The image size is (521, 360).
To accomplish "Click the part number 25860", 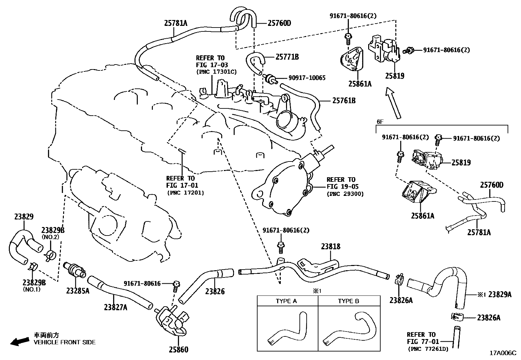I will point(178,350).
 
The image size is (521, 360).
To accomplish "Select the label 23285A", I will point(78,291).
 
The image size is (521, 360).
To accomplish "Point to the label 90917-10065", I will point(307,78).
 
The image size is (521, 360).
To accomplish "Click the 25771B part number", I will point(287,57).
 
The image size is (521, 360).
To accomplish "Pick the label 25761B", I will point(344,100).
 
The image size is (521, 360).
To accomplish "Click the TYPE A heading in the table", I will point(286,301).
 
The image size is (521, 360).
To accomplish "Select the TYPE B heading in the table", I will point(348,301).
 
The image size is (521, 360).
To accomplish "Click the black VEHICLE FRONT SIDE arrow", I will point(19,342).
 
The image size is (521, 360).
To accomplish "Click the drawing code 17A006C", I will point(502,353).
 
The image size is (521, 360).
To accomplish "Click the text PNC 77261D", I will point(428,349).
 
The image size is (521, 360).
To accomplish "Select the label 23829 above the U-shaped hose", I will point(24,217).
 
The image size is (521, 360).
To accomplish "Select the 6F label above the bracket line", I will point(380,122).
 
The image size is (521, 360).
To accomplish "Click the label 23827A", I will point(116,307).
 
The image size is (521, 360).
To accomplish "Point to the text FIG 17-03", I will point(212,65).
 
